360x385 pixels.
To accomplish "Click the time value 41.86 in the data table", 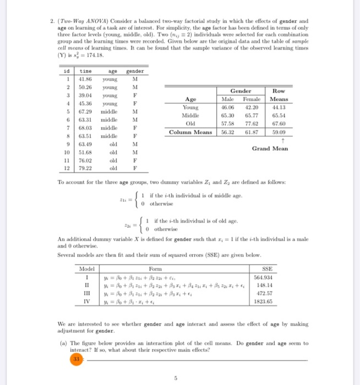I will pyautogui.click(x=86, y=78).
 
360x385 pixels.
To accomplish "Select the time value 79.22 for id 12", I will pyautogui.click(x=86, y=167).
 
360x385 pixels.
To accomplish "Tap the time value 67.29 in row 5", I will pyautogui.click(x=86, y=111).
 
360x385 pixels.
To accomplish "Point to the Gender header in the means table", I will pyautogui.click(x=241, y=91).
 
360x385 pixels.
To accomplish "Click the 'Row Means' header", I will pyautogui.click(x=281, y=95).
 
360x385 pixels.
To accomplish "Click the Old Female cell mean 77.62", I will pyautogui.click(x=254, y=124).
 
